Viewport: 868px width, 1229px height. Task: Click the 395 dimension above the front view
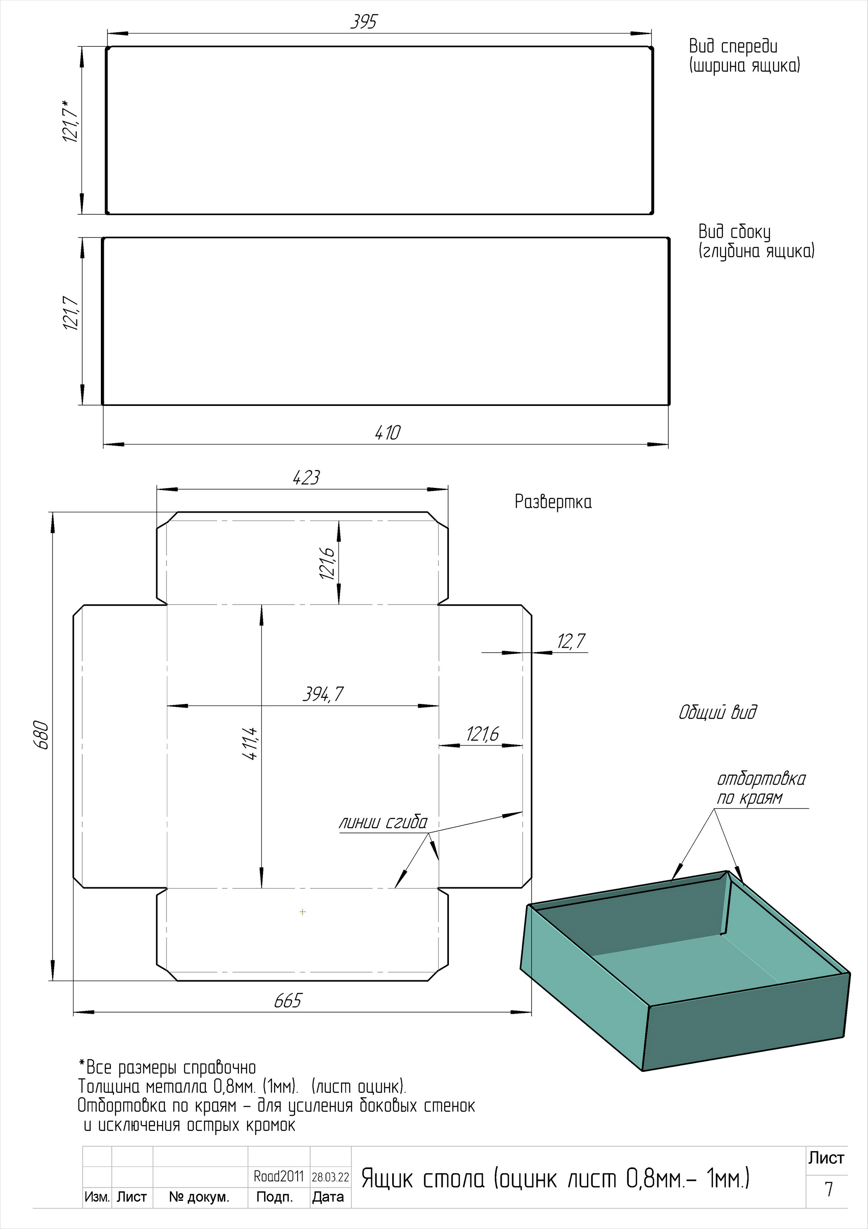[x=364, y=22]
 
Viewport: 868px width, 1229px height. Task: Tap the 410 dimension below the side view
[x=387, y=432]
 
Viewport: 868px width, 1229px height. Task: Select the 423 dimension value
[x=306, y=478]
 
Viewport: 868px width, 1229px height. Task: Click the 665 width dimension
[x=288, y=1001]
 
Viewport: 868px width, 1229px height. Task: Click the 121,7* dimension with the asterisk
[x=71, y=121]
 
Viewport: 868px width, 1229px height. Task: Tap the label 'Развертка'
[x=553, y=502]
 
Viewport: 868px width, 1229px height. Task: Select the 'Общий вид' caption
[x=718, y=713]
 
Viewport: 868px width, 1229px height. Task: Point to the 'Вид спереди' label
[x=733, y=47]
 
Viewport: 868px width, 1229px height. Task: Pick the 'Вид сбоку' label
[x=734, y=232]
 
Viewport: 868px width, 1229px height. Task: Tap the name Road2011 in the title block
[x=279, y=1176]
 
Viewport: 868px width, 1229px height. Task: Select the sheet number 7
[x=828, y=1189]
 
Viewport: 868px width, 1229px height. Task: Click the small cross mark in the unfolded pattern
[x=303, y=912]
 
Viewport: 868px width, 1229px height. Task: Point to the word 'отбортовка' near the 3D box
[x=761, y=779]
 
